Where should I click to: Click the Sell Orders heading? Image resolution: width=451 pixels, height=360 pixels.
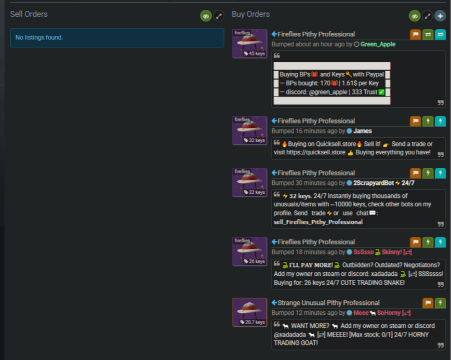click(x=29, y=14)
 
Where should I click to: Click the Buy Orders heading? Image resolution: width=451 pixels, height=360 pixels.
click(x=251, y=14)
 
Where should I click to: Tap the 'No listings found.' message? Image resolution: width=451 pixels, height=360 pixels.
click(x=39, y=37)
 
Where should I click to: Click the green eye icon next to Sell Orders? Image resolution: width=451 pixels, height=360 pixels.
click(x=206, y=16)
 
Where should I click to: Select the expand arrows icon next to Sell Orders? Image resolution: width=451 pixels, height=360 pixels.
click(x=219, y=16)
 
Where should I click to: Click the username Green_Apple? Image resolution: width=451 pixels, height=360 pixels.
click(x=378, y=44)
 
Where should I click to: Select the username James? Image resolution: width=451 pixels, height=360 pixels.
click(x=363, y=131)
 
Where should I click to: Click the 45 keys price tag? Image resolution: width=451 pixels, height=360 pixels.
click(x=254, y=54)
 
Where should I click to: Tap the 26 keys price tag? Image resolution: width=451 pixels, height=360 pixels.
click(x=254, y=261)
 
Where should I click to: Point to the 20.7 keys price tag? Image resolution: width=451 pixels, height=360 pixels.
click(x=253, y=322)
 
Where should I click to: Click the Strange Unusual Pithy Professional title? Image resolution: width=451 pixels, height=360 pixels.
click(x=328, y=303)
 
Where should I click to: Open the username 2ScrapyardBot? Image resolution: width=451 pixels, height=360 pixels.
click(x=374, y=183)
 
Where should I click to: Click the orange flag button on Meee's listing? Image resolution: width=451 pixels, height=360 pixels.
click(x=428, y=303)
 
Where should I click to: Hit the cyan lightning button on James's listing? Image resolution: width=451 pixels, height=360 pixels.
click(x=440, y=121)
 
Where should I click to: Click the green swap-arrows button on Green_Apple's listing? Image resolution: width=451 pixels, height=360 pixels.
click(x=428, y=34)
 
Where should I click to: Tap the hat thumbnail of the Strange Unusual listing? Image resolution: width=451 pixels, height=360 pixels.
click(x=249, y=312)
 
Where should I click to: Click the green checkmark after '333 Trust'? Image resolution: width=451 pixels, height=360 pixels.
click(x=381, y=92)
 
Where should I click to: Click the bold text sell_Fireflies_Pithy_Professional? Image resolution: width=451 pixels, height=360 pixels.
click(x=318, y=222)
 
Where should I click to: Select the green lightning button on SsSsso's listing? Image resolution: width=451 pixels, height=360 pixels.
click(x=428, y=242)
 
